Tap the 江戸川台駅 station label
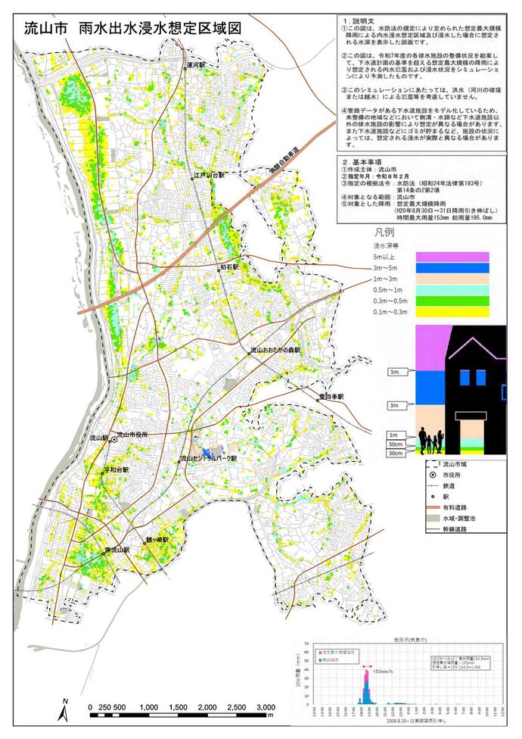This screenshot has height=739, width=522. [x=210, y=175]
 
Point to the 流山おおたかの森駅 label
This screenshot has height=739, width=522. [x=275, y=351]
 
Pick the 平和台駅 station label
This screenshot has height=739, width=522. [x=117, y=469]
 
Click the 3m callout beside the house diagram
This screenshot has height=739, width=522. [x=393, y=406]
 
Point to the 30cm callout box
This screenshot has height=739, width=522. [x=394, y=454]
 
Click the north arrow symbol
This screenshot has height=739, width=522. [x=67, y=708]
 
